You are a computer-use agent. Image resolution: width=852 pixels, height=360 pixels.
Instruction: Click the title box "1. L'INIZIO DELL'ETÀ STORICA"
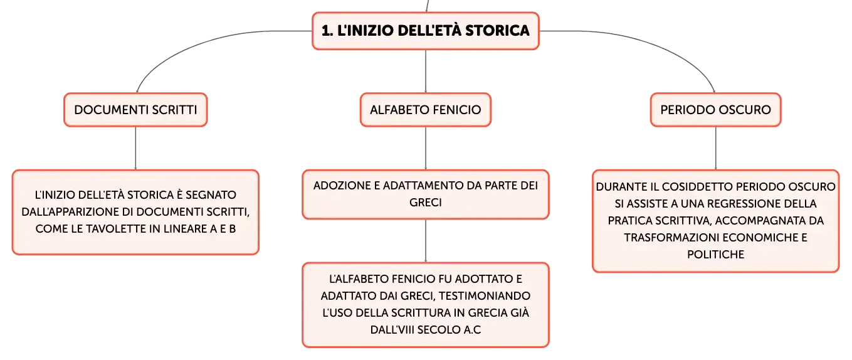(426, 31)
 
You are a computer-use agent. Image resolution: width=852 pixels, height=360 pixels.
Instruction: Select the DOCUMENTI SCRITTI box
(135, 110)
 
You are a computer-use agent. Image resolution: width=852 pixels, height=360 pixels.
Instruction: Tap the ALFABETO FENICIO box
(426, 110)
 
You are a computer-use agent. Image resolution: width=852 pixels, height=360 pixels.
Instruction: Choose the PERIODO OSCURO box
(715, 110)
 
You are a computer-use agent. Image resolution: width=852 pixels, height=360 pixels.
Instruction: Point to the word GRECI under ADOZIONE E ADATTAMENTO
(426, 203)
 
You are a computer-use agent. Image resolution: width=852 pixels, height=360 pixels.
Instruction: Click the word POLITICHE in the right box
(715, 254)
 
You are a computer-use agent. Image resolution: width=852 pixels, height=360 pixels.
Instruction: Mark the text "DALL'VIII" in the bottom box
(392, 329)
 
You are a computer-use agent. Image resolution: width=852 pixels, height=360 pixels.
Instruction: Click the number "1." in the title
(327, 31)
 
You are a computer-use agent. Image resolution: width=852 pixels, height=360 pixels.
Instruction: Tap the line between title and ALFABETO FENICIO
(426, 71)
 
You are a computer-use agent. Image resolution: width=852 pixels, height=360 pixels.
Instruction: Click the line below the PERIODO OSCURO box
(715, 148)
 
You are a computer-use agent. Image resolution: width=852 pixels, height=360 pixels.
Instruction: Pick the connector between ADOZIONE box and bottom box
(426, 240)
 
